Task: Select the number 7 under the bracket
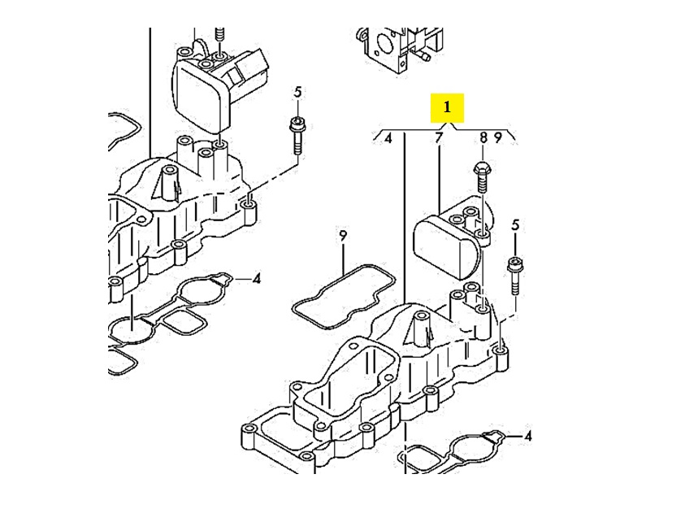tap(439, 138)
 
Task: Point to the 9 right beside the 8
tap(497, 138)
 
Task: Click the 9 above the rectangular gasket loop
tap(343, 236)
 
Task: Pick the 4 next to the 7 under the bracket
tap(388, 138)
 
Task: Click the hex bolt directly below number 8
tap(481, 176)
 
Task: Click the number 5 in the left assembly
tap(297, 91)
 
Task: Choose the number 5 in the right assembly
tap(515, 225)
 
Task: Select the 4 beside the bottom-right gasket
tap(528, 437)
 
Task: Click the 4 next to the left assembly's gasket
tap(256, 279)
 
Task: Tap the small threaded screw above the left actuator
tap(219, 37)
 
